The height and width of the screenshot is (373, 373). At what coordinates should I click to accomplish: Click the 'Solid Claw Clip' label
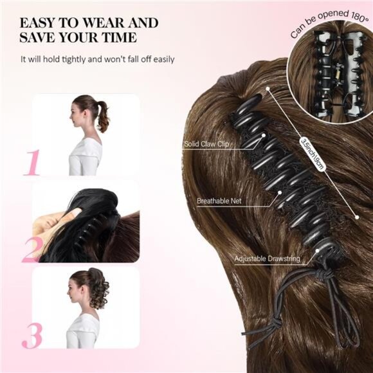(205, 145)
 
